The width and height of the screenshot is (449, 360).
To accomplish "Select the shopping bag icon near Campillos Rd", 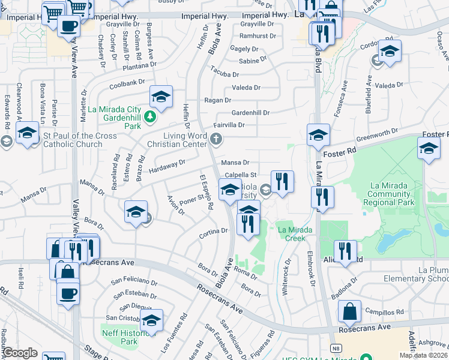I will [349, 312].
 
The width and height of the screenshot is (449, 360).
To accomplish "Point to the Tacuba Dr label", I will [224, 74].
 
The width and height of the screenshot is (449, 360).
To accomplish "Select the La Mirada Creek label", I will [294, 234].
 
